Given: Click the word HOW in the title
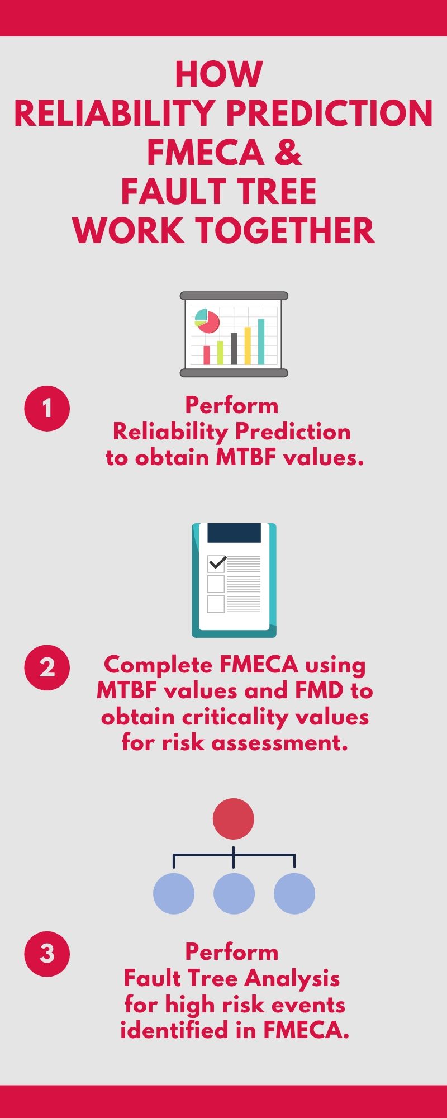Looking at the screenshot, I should point(218,74).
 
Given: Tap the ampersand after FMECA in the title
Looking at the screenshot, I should point(288,153).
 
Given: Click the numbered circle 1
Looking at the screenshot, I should point(47,408).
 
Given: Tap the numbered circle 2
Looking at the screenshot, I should point(47,667).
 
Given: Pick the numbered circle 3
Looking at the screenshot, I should point(47,954).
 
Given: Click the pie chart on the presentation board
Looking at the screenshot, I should point(207,321).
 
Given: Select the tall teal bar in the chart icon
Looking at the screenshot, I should point(261,341).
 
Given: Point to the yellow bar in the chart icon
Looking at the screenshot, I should point(248,345).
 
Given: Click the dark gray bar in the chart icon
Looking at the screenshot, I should point(234,348).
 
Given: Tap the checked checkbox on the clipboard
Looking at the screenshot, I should point(216,563).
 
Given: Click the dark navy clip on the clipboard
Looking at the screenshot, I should point(234,533).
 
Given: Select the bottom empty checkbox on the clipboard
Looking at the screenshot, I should point(216,604).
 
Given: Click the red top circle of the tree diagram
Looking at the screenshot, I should point(234,818).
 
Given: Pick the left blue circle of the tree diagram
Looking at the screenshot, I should point(174,893).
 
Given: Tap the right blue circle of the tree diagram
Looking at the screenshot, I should point(294,893).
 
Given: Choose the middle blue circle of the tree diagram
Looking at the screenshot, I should point(234,893).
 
